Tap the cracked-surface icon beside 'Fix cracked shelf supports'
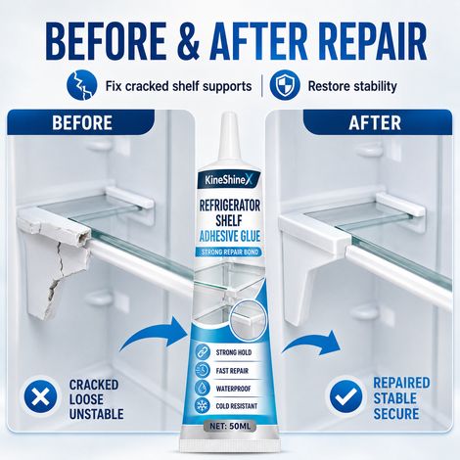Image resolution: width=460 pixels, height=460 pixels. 82,85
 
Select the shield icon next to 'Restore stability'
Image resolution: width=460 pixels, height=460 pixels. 285,86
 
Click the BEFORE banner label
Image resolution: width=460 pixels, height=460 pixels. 82,122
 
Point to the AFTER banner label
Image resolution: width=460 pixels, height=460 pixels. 375,122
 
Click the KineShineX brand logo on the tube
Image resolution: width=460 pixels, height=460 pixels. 230,180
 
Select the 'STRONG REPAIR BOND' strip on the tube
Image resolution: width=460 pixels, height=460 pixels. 230,252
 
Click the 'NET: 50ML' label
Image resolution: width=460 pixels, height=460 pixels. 230,426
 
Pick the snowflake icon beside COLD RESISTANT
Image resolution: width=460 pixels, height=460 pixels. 202,405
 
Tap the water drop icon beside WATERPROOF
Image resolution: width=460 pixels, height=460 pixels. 202,388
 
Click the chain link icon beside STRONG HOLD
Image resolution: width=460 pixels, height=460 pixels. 203,352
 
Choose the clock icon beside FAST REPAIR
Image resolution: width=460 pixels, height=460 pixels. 203,370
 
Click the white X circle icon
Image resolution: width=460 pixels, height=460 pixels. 40,397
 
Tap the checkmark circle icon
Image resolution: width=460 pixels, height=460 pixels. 345,396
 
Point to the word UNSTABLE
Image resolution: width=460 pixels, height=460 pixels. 97,414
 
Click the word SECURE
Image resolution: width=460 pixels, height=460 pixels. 396,413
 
